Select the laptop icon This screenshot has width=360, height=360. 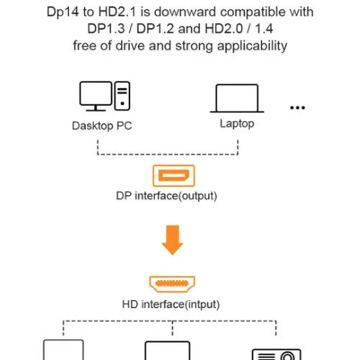click(x=237, y=97)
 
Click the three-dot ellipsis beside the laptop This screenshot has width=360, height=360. click(x=297, y=107)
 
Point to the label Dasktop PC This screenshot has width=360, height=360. click(x=102, y=125)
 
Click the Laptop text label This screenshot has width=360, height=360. click(x=237, y=124)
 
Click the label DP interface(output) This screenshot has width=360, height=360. click(x=166, y=195)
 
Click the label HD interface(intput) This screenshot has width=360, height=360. click(x=171, y=305)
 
